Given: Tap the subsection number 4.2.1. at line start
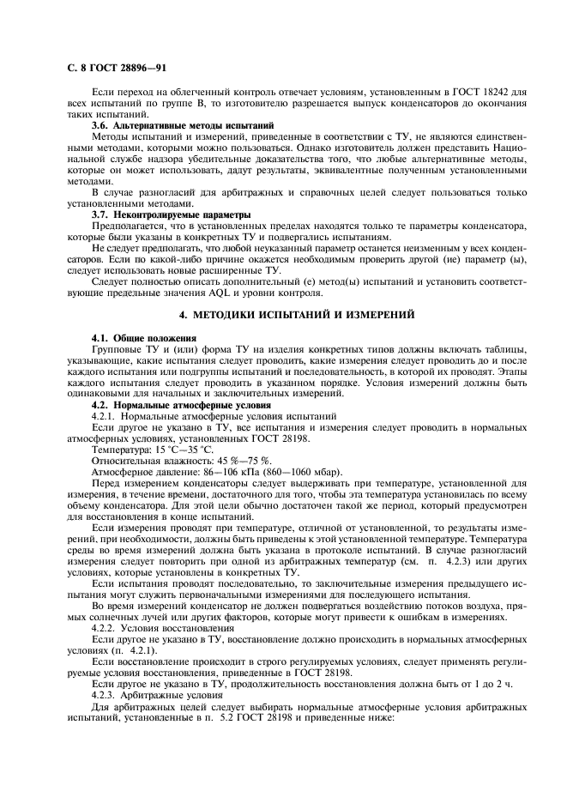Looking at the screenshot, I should coord(106,415).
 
